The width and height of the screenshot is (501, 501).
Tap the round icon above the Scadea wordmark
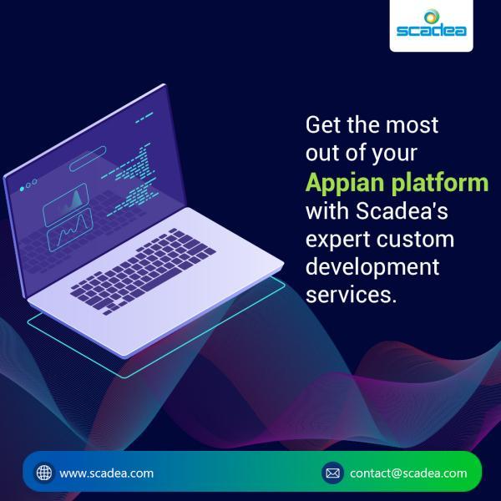(432, 17)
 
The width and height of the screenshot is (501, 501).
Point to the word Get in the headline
(324, 124)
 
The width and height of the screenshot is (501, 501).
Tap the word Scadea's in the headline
(402, 211)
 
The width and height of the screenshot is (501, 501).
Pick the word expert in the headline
(338, 240)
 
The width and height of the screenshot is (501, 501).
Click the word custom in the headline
(415, 240)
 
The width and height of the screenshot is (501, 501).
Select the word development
(372, 268)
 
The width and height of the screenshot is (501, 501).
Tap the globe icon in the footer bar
(44, 473)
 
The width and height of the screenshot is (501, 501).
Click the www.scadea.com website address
(106, 473)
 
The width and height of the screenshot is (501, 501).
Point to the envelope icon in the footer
(332, 473)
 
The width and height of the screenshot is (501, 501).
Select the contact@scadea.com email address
(408, 473)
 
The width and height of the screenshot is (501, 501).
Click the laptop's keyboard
(144, 271)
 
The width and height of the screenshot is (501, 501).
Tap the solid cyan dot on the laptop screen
(22, 190)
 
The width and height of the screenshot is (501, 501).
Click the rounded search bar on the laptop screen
(88, 159)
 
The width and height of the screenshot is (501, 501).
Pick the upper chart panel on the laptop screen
(65, 205)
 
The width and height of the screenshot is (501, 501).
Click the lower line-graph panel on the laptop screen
(70, 230)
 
